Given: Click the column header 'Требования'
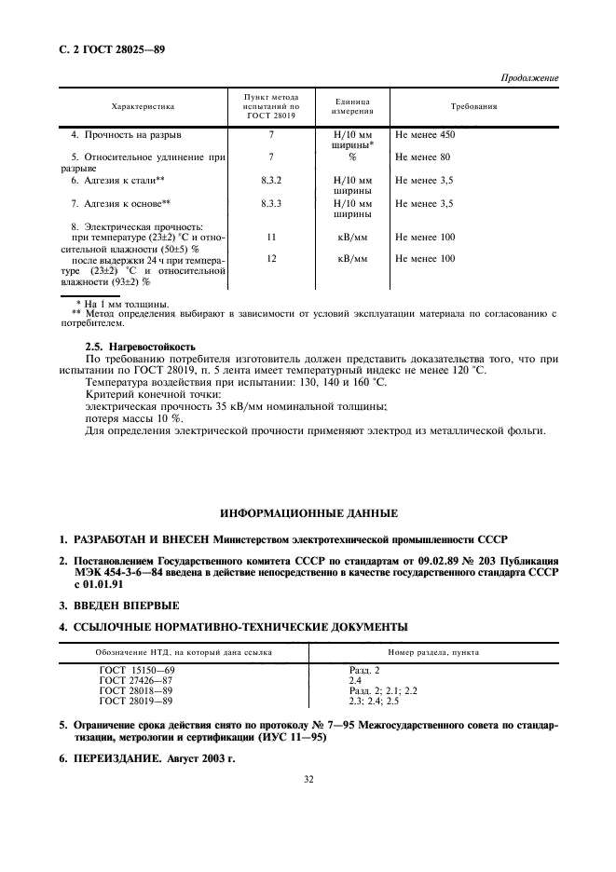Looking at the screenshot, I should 473,107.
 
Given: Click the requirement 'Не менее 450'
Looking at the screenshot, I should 425,135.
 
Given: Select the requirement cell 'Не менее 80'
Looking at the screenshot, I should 422,157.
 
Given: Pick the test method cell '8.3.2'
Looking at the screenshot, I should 271,179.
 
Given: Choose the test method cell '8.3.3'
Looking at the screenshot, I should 271,202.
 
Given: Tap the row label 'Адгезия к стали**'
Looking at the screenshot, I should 118,179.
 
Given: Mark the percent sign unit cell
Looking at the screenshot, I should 352,157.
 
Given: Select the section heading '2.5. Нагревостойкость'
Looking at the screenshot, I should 140,347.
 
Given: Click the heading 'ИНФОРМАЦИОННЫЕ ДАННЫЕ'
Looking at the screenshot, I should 308,513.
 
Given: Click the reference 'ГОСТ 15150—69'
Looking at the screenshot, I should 137,670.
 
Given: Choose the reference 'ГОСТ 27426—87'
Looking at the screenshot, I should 137,680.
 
